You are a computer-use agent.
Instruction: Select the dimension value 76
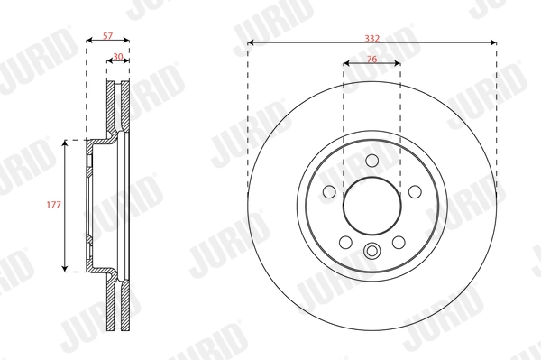click(x=371, y=57)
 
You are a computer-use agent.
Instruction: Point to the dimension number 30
click(x=119, y=57)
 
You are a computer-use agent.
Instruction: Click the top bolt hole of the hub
click(x=371, y=160)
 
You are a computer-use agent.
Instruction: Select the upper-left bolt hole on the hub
click(x=328, y=191)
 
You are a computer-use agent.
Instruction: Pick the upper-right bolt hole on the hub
click(x=415, y=191)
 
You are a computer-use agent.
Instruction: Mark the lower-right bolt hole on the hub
click(x=399, y=242)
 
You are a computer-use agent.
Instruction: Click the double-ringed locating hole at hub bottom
click(x=371, y=252)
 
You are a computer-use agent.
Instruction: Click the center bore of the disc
click(x=371, y=206)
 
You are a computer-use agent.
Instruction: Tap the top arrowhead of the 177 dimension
click(x=65, y=143)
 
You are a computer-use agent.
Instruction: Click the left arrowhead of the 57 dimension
click(x=88, y=42)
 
